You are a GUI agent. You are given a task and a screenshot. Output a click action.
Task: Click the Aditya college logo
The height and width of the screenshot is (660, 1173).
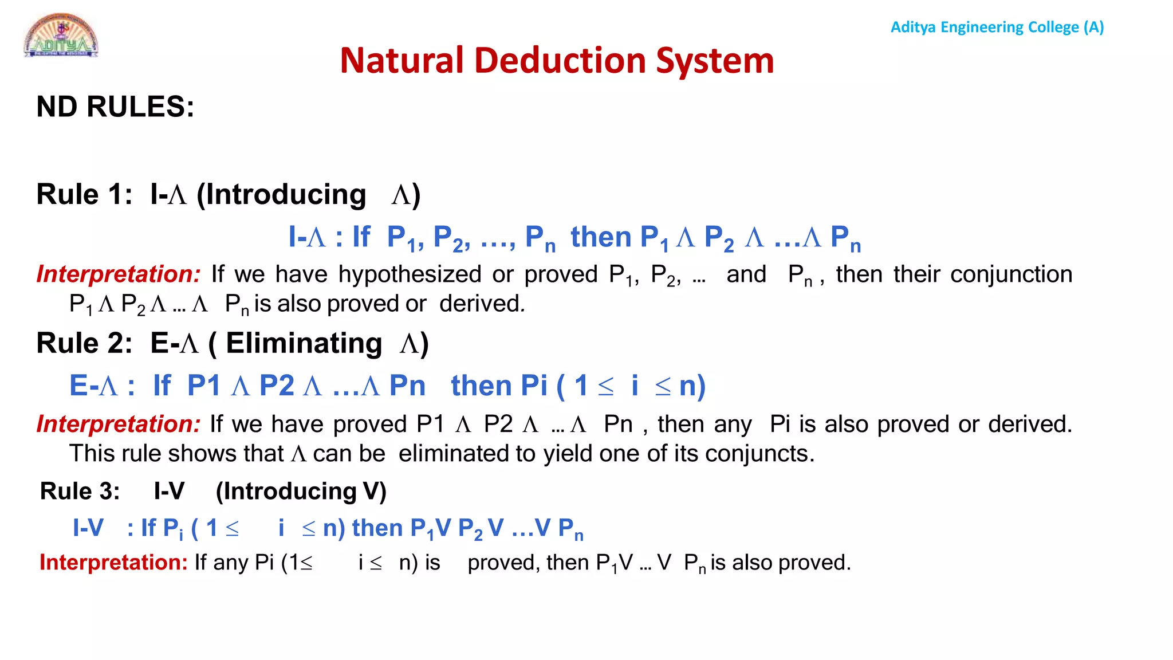pos(61,36)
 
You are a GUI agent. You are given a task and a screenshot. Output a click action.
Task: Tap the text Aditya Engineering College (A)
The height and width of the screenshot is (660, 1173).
pos(997,27)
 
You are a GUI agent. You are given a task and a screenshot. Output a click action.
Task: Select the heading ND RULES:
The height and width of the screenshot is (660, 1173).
pos(115,107)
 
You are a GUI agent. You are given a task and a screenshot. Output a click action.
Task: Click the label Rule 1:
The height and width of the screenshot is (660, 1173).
pos(84,194)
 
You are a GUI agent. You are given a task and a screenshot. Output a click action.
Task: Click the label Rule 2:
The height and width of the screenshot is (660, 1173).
pos(84,343)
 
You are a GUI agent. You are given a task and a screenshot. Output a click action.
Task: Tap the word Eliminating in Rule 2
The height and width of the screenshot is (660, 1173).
pos(304,343)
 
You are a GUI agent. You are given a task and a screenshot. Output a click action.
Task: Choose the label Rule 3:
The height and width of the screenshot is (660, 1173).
pos(80,491)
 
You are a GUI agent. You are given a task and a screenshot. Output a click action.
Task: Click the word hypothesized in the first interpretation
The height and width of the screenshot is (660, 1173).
pos(410,274)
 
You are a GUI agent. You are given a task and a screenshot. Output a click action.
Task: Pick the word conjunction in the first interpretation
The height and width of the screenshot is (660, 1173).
pos(1011,274)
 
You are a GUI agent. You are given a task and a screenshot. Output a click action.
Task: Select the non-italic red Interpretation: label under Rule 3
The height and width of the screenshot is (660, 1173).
pos(113,563)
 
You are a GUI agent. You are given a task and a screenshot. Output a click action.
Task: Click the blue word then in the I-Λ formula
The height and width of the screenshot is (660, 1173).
pos(601,237)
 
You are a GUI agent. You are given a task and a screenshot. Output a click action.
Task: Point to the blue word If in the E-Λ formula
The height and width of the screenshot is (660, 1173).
pos(162,385)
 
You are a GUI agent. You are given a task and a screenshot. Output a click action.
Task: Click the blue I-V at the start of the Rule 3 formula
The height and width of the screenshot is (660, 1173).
pos(88,528)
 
